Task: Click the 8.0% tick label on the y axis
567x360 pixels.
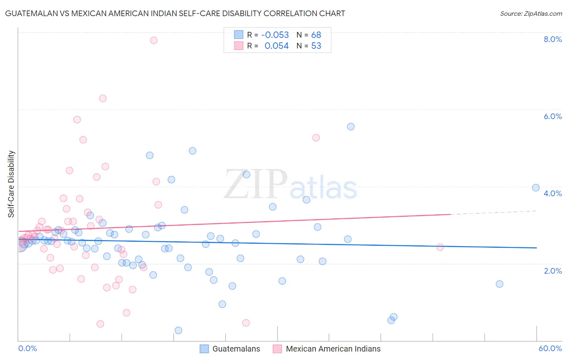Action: (x=552, y=39)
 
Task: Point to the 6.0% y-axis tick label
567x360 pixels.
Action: (x=552, y=116)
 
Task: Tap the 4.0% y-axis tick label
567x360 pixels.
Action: (x=552, y=193)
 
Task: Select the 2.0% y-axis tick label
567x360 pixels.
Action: (x=552, y=271)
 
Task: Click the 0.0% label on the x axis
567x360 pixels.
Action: (x=27, y=348)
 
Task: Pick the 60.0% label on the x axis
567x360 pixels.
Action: (x=550, y=348)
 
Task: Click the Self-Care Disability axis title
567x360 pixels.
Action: (x=11, y=184)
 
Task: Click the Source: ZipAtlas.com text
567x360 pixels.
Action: (x=531, y=14)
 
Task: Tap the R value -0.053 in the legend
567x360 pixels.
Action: (x=275, y=35)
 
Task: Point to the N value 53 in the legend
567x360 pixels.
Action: (x=316, y=46)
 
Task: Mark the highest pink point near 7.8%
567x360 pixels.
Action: (x=154, y=40)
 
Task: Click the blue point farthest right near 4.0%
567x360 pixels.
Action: (x=536, y=188)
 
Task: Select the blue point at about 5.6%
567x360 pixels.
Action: (x=351, y=127)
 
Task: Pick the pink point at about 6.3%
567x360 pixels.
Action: (x=103, y=98)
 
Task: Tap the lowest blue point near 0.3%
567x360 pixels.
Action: (x=178, y=331)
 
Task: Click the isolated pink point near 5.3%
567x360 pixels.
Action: (x=316, y=138)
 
